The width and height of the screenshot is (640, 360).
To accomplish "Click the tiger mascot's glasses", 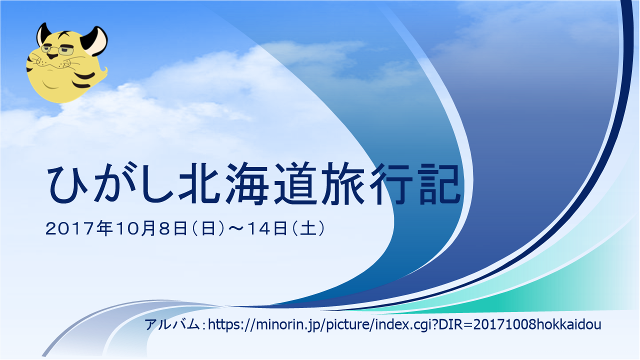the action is tap(57, 50).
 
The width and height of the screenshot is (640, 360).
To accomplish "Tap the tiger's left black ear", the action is tap(43, 33).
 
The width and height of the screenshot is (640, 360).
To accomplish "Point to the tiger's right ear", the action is tap(94, 40).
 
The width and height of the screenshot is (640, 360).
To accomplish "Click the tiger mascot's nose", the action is tap(51, 55).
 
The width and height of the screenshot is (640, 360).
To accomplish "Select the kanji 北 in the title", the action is tap(199, 183).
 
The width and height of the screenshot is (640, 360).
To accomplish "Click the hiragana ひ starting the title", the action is tap(67, 184).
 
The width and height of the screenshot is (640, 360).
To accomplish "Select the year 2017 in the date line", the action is tap(69, 229).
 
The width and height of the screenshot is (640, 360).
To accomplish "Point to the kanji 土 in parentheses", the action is tap(308, 228).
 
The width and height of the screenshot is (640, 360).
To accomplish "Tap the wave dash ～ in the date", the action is tap(235, 228).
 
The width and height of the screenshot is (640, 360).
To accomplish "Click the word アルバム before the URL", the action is tap(171, 325).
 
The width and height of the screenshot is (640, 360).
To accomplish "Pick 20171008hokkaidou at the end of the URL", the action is tap(537, 324).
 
